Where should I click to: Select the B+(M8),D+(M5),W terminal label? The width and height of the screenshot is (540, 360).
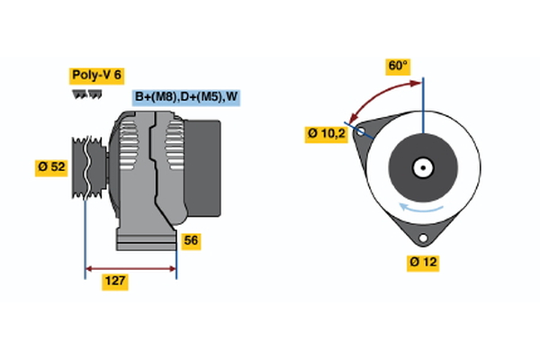point(187,97)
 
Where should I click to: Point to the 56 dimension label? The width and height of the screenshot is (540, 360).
point(190,240)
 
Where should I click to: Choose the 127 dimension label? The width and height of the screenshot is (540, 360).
point(114,282)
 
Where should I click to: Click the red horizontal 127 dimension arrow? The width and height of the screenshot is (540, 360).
point(130,268)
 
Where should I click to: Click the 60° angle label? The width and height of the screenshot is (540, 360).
point(398,66)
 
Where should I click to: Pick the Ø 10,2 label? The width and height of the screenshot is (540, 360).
point(326,133)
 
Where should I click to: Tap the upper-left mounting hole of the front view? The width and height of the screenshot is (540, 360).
point(362,132)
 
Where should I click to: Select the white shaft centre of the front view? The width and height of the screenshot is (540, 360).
point(422,166)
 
